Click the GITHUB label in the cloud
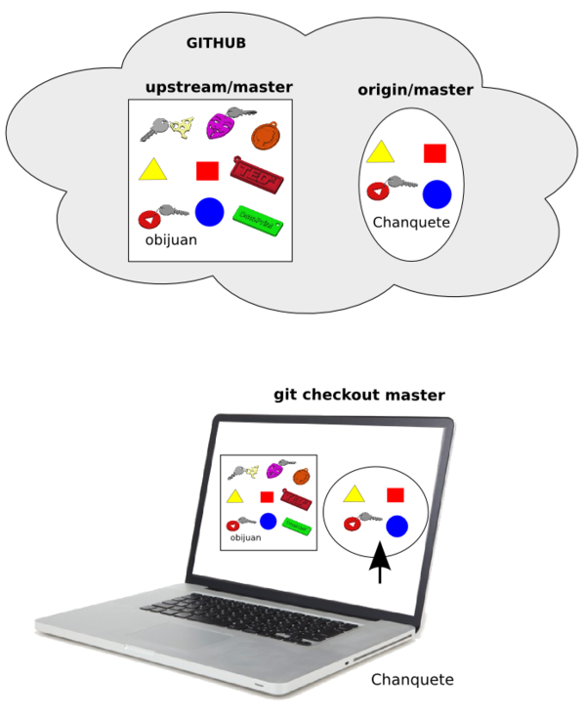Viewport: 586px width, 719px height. tap(216, 43)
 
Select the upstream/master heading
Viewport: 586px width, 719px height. tap(219, 87)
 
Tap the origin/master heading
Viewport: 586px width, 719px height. tap(415, 90)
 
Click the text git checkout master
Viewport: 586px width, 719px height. tap(359, 395)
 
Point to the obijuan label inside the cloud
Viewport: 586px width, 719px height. tap(171, 239)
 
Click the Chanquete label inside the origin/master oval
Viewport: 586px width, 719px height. tap(411, 223)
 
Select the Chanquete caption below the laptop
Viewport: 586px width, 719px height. tap(412, 679)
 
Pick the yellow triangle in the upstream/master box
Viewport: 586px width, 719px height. tap(153, 169)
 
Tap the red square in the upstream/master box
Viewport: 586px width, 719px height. tap(207, 171)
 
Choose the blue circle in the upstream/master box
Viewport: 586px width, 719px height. tap(210, 211)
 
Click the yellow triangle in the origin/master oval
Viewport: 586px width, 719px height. tap(380, 150)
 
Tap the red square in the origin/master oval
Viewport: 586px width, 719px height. tap(435, 152)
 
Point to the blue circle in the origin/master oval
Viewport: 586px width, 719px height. tap(436, 193)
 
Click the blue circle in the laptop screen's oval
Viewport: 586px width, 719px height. tap(397, 527)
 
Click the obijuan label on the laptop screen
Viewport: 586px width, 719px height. tap(245, 537)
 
